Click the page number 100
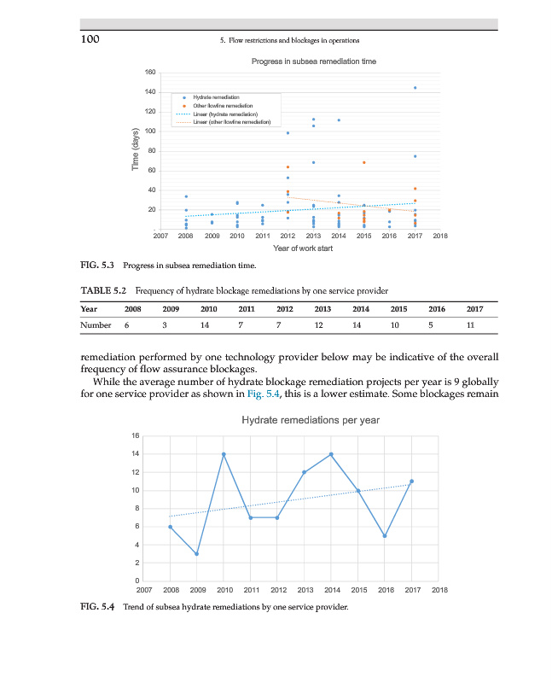coord(90,39)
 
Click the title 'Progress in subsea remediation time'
coord(313,61)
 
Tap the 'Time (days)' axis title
coord(135,149)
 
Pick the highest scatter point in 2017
coord(415,88)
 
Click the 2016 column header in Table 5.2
coord(436,308)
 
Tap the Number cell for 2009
coord(165,325)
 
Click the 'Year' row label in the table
coord(88,308)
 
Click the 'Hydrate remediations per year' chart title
coord(311,420)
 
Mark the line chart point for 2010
coord(224,454)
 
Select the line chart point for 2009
coord(197,554)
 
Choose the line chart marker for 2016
coord(385,536)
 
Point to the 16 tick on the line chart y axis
coord(135,436)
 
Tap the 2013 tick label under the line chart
coord(305,590)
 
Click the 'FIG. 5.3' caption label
coord(97,266)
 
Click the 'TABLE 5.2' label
coord(102,289)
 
